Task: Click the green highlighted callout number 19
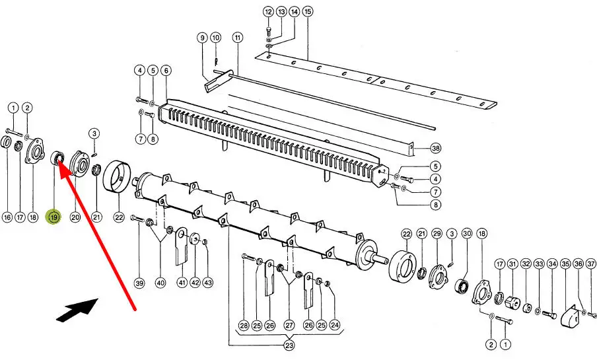pos(53,217)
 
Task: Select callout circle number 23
pos(289,345)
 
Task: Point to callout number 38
pos(436,148)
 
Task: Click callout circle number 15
pos(308,11)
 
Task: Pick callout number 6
pos(166,71)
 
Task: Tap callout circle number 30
pos(467,234)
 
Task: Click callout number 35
pos(565,264)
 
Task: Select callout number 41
pos(182,283)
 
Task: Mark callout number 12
pos(268,12)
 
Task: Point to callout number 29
pos(437,234)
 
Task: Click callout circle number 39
pos(139,283)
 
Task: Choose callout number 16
pos(7,217)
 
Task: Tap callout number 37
pos(591,264)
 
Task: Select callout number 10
pos(215,38)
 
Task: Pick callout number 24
pos(334,325)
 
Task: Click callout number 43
pos(207,283)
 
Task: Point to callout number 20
pos(75,217)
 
